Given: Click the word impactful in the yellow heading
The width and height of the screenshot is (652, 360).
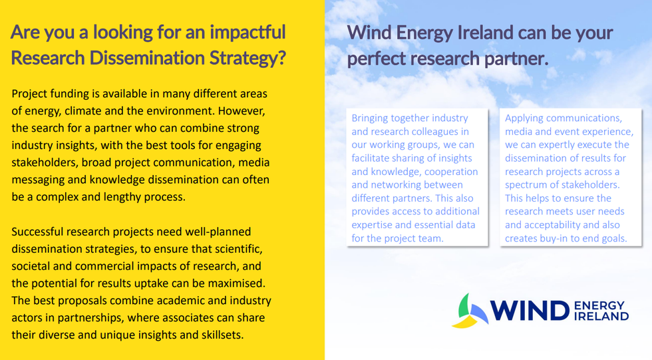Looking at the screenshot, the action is coord(247,33).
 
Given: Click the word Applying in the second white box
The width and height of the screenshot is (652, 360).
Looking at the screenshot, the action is coord(522,118).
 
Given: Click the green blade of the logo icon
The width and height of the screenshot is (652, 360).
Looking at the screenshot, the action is coord(464,305).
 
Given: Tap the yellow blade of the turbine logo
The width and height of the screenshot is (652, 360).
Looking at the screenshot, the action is coord(465,322).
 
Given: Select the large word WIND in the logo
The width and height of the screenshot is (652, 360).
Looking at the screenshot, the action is coord(530,311).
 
